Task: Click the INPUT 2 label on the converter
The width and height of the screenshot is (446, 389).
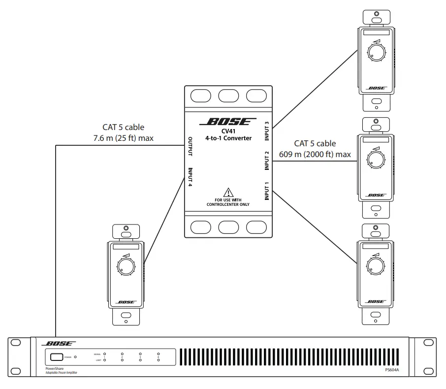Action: [267, 161]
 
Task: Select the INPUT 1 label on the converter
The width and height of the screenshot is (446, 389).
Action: [267, 191]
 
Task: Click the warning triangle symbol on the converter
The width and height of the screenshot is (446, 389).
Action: [228, 192]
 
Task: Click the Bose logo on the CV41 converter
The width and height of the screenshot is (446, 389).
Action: [228, 121]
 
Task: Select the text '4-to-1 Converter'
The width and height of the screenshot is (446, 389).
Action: [228, 138]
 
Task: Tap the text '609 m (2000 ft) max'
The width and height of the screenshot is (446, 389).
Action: [315, 154]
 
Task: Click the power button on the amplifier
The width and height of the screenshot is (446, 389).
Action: [55, 357]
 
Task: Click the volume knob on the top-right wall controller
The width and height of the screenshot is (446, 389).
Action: [377, 51]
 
